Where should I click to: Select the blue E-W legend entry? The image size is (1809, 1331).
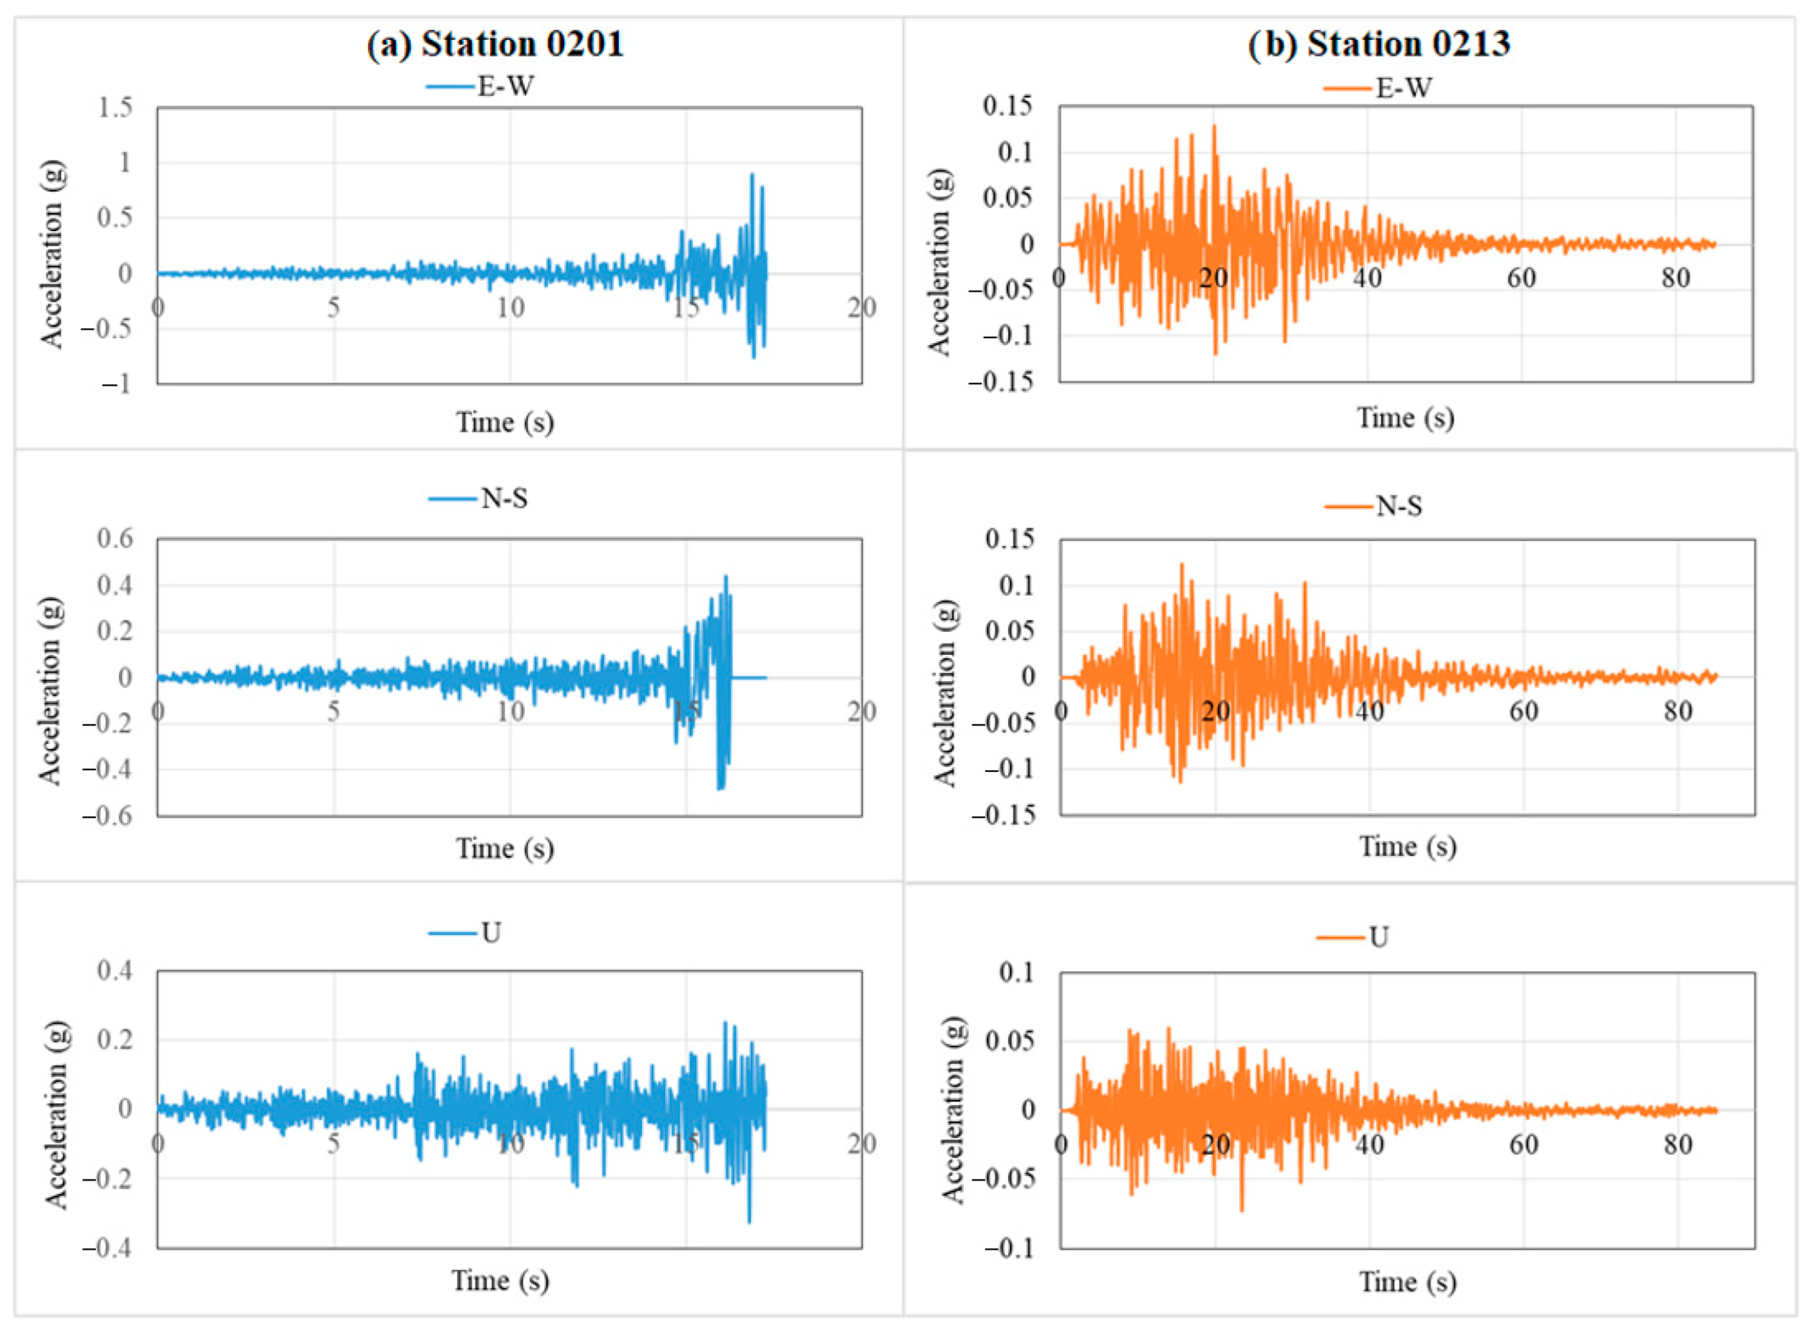[480, 86]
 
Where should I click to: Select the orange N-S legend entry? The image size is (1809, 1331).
[1374, 506]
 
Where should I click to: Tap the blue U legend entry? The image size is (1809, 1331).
[465, 933]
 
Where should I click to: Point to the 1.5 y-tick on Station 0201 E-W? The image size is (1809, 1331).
[115, 107]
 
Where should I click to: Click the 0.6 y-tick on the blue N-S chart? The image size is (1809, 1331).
[115, 538]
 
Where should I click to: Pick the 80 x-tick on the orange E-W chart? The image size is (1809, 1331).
[1675, 278]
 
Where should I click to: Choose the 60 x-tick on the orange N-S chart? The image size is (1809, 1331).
[1523, 711]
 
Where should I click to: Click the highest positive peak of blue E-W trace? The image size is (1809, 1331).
[752, 175]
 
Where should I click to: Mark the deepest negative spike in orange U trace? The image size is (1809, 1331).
[1241, 1210]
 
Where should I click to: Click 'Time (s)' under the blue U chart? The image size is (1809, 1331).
[500, 1280]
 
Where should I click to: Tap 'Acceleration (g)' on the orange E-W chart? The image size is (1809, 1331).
[939, 262]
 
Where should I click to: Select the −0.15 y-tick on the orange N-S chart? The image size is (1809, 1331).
[1002, 815]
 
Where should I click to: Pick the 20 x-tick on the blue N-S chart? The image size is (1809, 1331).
[862, 711]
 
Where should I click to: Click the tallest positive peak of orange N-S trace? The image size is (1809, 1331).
[1182, 565]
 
